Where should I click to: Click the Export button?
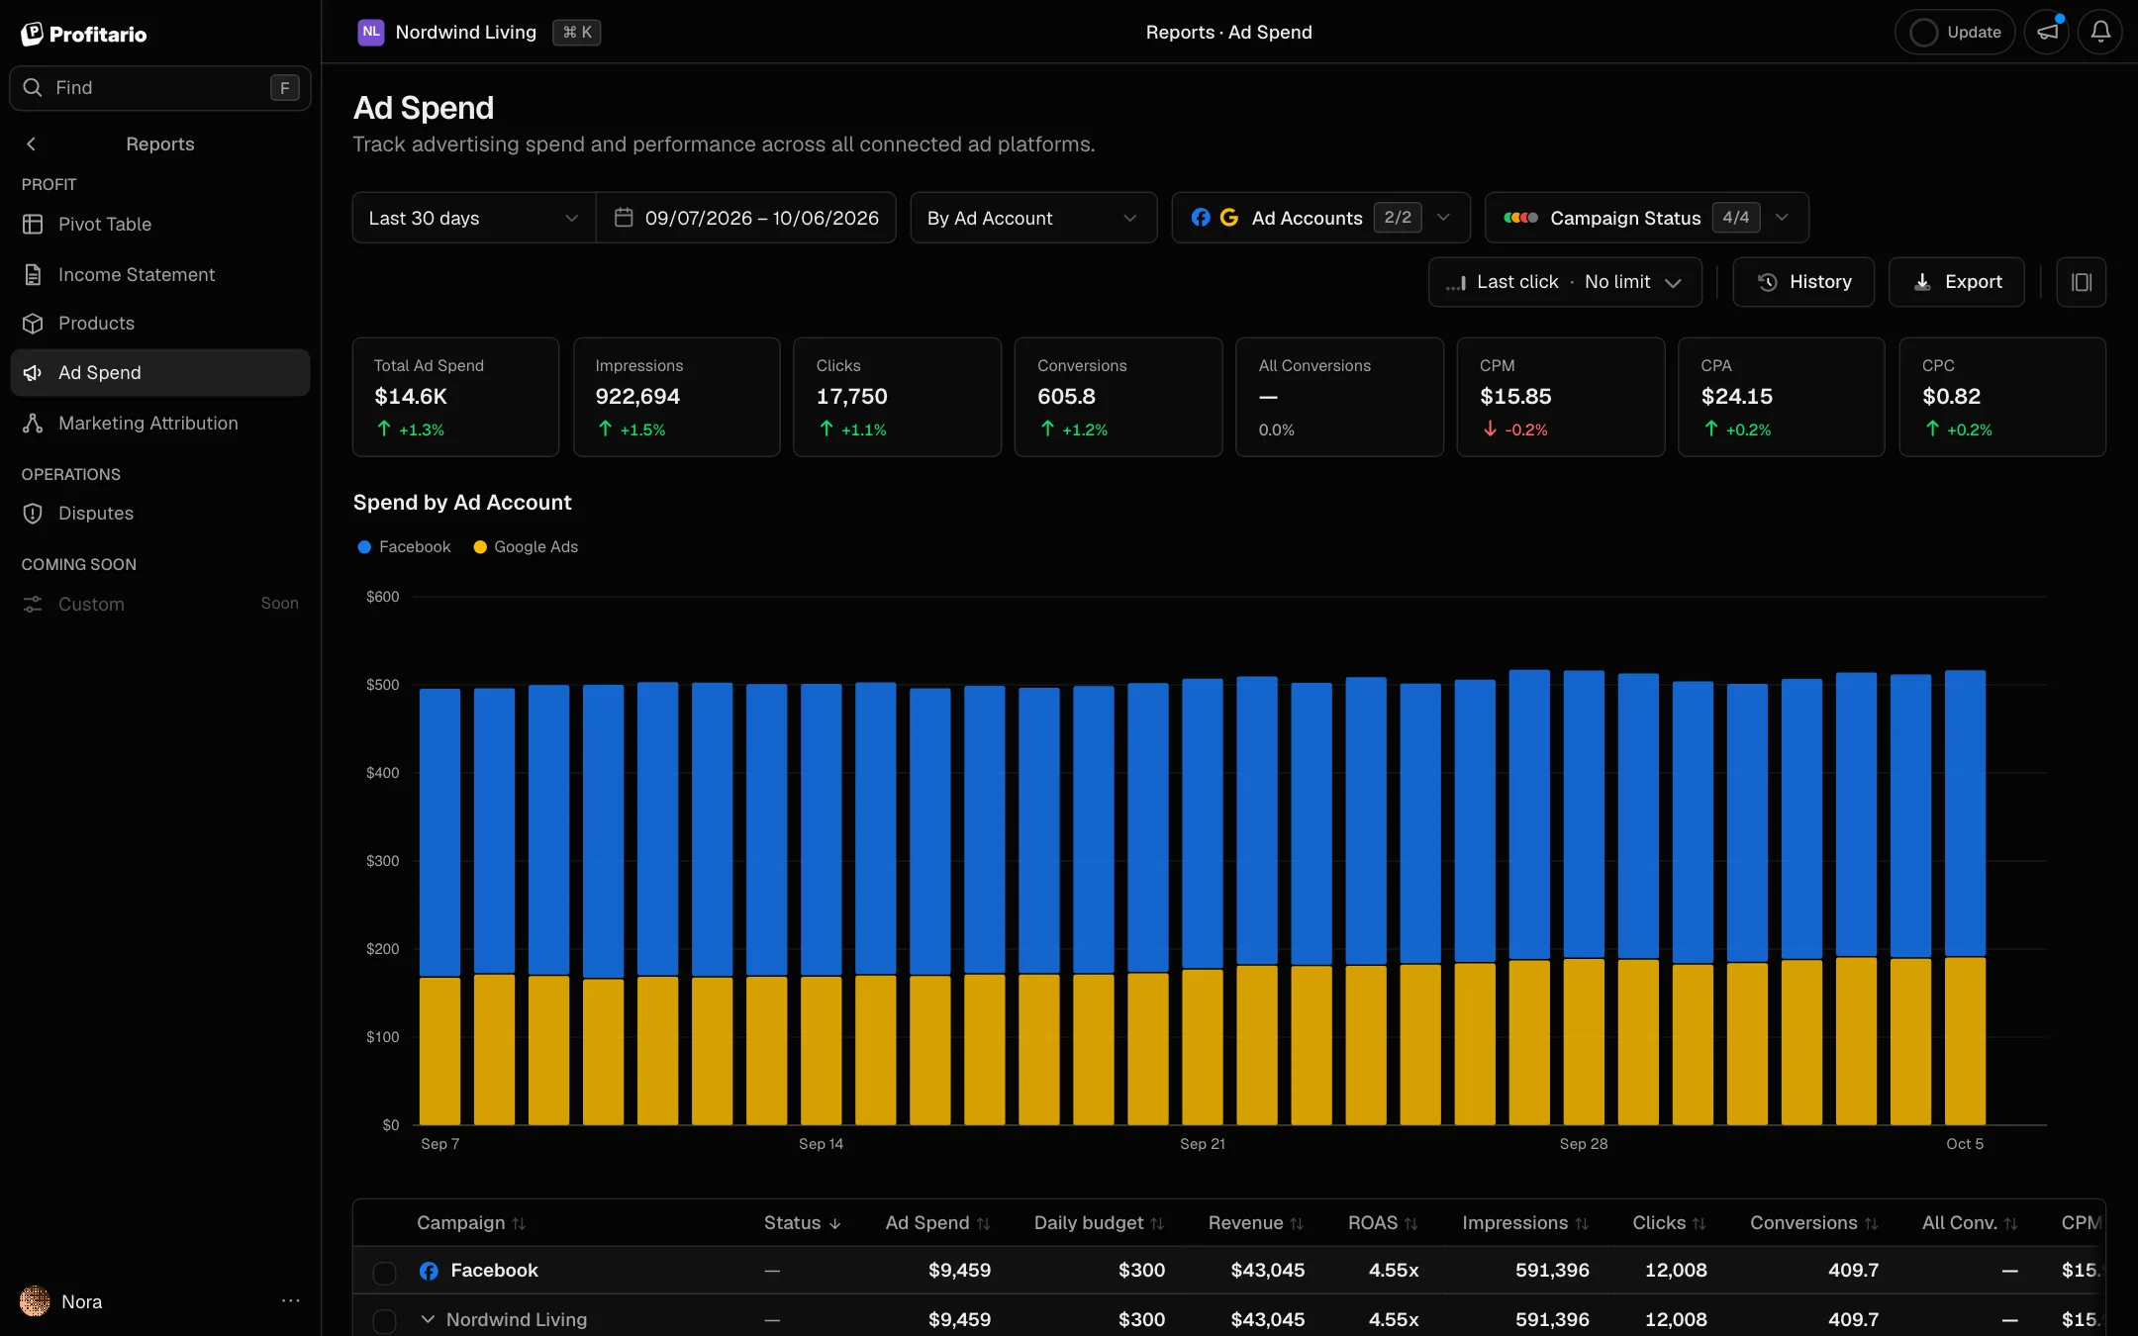(1956, 282)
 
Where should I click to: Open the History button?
(1803, 282)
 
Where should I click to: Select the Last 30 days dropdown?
(474, 218)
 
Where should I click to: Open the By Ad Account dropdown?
(1033, 218)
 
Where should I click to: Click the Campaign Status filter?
(1647, 218)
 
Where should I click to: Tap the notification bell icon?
(2100, 32)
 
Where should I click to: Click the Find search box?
(160, 88)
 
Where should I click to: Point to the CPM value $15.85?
(1515, 397)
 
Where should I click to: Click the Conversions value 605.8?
(1066, 397)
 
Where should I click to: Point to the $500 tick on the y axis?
(383, 685)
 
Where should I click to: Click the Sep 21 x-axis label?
(1203, 1144)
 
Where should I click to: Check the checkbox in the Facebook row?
(384, 1272)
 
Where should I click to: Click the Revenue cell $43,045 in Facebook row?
(1267, 1271)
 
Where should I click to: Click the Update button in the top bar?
(1955, 32)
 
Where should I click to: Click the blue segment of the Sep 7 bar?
(439, 833)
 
